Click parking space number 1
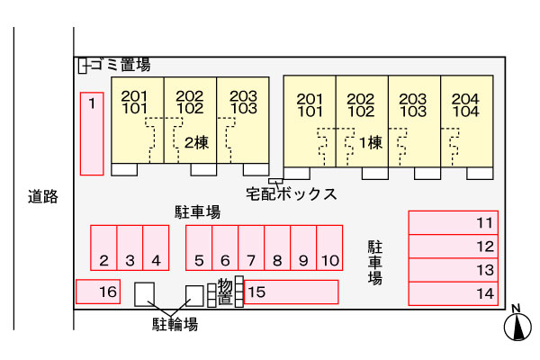click(92, 133)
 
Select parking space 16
click(97, 292)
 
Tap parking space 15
click(288, 292)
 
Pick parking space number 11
click(452, 222)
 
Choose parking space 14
click(452, 293)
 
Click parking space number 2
click(104, 247)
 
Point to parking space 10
click(329, 247)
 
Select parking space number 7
click(251, 247)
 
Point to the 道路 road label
click(42, 196)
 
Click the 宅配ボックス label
click(292, 193)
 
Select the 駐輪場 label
click(175, 324)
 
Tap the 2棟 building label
click(197, 142)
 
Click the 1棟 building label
click(370, 142)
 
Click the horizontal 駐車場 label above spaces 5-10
click(197, 212)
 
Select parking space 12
click(452, 246)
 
